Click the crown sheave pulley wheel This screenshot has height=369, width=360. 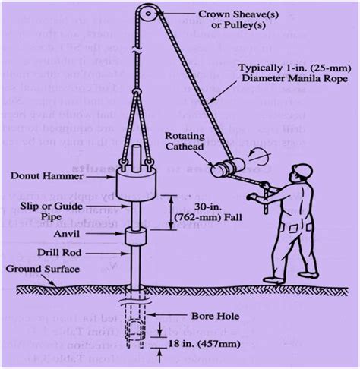147,14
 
